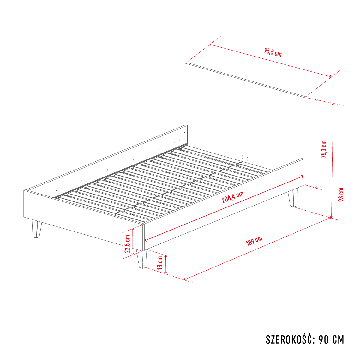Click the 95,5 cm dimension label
click(273, 52)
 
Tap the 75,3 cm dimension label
click(324, 149)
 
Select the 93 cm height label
click(341, 195)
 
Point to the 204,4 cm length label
click(232, 197)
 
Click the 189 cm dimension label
click(254, 241)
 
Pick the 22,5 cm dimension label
click(128, 244)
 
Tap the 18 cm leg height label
click(160, 263)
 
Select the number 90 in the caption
click(323, 340)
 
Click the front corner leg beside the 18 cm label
click(142, 259)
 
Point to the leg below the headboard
click(293, 198)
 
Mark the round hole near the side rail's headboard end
click(185, 133)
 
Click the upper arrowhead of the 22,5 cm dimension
click(133, 230)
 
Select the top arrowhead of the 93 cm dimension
click(333, 104)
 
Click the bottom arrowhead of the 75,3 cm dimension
click(317, 188)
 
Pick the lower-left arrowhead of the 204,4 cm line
click(146, 240)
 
